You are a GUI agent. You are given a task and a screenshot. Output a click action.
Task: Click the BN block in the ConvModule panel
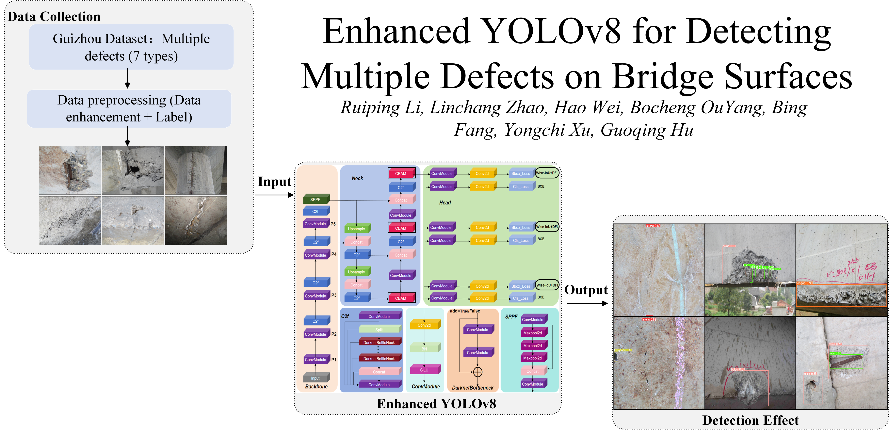(x=425, y=349)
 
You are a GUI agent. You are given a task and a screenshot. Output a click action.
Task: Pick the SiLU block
(x=425, y=370)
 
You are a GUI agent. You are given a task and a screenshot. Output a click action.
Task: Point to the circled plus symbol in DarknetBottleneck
(x=478, y=372)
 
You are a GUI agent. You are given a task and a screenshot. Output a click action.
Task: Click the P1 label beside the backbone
(x=334, y=360)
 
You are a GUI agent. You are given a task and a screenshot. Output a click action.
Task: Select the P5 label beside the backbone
(x=333, y=224)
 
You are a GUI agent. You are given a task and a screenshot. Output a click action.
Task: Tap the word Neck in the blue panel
(x=357, y=178)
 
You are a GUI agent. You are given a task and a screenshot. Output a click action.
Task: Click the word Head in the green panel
(x=445, y=202)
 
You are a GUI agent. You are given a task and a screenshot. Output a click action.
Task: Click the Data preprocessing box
(x=129, y=109)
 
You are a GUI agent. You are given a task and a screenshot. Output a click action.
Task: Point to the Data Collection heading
(x=54, y=17)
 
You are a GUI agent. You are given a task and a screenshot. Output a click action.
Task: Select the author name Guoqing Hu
(x=647, y=130)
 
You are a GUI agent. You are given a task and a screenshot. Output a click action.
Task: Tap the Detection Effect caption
(x=750, y=420)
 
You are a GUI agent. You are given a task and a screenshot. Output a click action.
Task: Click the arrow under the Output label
(x=587, y=303)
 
